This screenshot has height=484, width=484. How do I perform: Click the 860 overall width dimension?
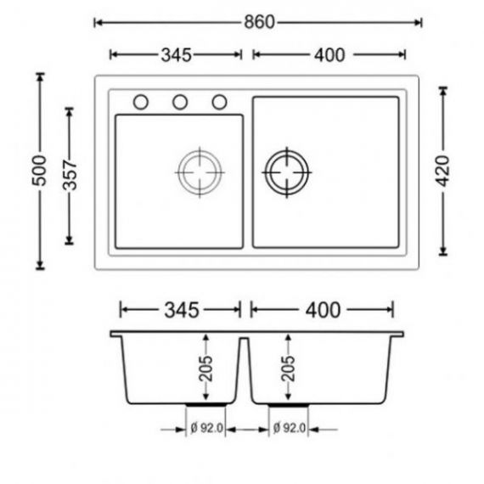click(259, 22)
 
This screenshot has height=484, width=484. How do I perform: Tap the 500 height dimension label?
click(40, 171)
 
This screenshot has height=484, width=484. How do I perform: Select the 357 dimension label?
click(70, 175)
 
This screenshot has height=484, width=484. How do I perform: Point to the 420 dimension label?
click(443, 171)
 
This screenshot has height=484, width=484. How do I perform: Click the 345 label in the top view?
click(177, 55)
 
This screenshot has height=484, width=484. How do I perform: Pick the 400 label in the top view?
click(329, 55)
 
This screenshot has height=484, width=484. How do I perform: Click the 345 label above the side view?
click(182, 310)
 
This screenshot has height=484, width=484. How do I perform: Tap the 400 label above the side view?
click(323, 310)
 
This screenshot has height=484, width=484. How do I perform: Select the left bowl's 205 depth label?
click(205, 369)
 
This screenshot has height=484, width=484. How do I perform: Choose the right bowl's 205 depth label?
click(288, 369)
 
